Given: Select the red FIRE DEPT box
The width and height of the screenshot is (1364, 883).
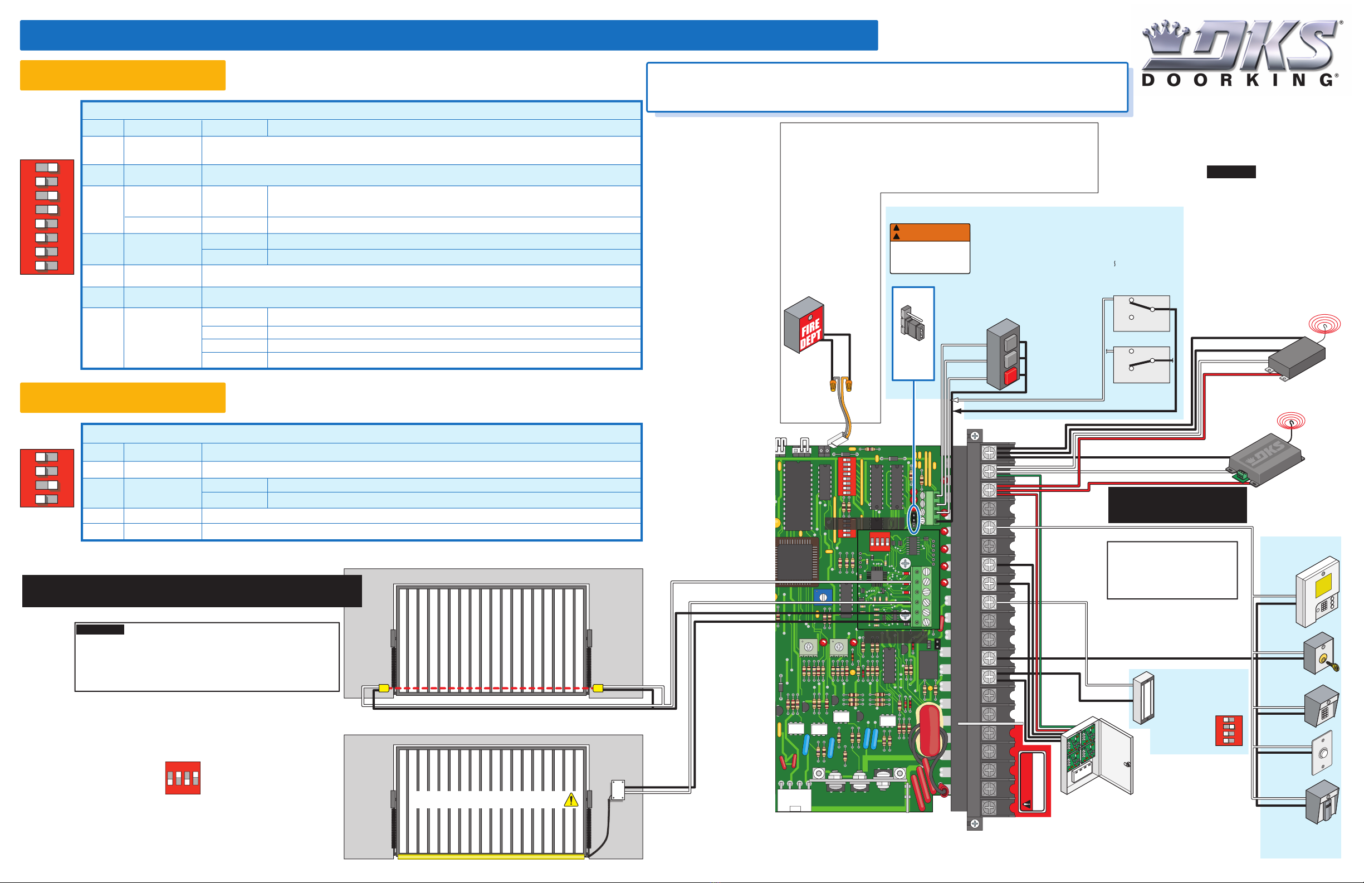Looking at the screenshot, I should [804, 325].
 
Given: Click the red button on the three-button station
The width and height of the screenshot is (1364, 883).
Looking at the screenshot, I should [1010, 376].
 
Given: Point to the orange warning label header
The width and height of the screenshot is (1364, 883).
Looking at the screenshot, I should [930, 232].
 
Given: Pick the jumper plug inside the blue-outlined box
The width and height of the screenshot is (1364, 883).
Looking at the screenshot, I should [912, 324].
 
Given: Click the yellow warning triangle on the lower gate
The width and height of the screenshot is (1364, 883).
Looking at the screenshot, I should [571, 801].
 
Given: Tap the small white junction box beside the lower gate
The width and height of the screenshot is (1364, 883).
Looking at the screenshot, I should [618, 789].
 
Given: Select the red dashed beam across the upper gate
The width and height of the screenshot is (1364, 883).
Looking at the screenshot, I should [491, 688].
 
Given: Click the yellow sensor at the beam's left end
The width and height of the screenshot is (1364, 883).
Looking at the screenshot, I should [384, 688].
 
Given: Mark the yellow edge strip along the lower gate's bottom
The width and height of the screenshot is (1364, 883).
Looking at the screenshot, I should [491, 857].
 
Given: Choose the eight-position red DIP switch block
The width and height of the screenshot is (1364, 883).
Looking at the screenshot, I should [47, 217].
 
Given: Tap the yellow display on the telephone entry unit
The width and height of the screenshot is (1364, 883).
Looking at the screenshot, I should [1324, 585].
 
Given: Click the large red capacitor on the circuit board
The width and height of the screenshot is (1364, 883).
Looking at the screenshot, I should [929, 731].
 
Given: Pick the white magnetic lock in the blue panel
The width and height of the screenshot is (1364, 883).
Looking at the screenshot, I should [1143, 698].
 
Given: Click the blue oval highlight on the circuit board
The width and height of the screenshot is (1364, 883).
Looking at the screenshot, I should [914, 519].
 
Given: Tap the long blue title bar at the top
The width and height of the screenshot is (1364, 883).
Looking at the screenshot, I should [449, 36].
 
